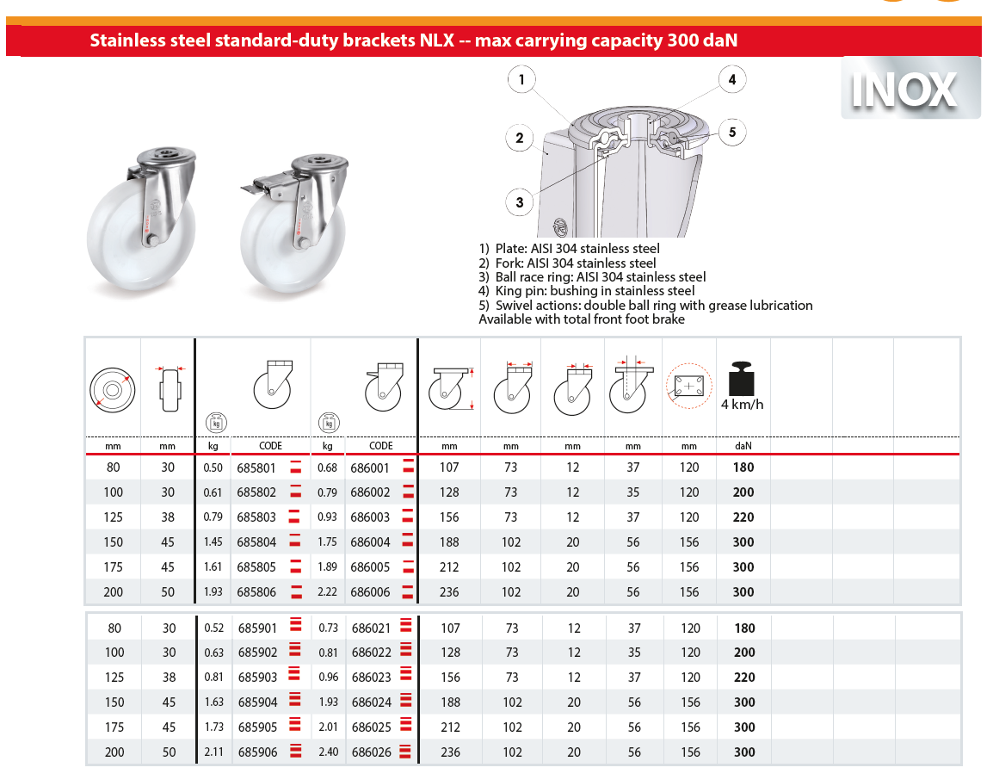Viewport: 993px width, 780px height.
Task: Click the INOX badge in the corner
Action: pyautogui.click(x=910, y=89)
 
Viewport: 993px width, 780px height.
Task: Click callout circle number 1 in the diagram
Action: pyautogui.click(x=521, y=80)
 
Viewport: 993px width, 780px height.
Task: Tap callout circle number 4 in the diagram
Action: pyautogui.click(x=731, y=80)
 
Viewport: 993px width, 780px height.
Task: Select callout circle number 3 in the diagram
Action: pyautogui.click(x=520, y=202)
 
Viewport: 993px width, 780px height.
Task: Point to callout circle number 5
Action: pyautogui.click(x=732, y=133)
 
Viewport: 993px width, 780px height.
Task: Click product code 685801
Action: pyautogui.click(x=256, y=467)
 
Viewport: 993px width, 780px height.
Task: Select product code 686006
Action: pyautogui.click(x=370, y=592)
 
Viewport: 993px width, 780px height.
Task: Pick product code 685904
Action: pyautogui.click(x=256, y=703)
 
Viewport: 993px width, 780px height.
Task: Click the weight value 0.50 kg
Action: pyautogui.click(x=213, y=467)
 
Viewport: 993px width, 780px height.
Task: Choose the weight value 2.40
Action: pyautogui.click(x=327, y=752)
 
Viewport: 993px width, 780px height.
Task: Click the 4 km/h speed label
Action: pyautogui.click(x=742, y=405)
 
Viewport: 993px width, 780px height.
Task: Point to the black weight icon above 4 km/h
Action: pyautogui.click(x=742, y=378)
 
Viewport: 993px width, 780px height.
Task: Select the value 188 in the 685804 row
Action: pyautogui.click(x=449, y=542)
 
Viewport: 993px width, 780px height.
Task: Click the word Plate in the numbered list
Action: pyautogui.click(x=510, y=249)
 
